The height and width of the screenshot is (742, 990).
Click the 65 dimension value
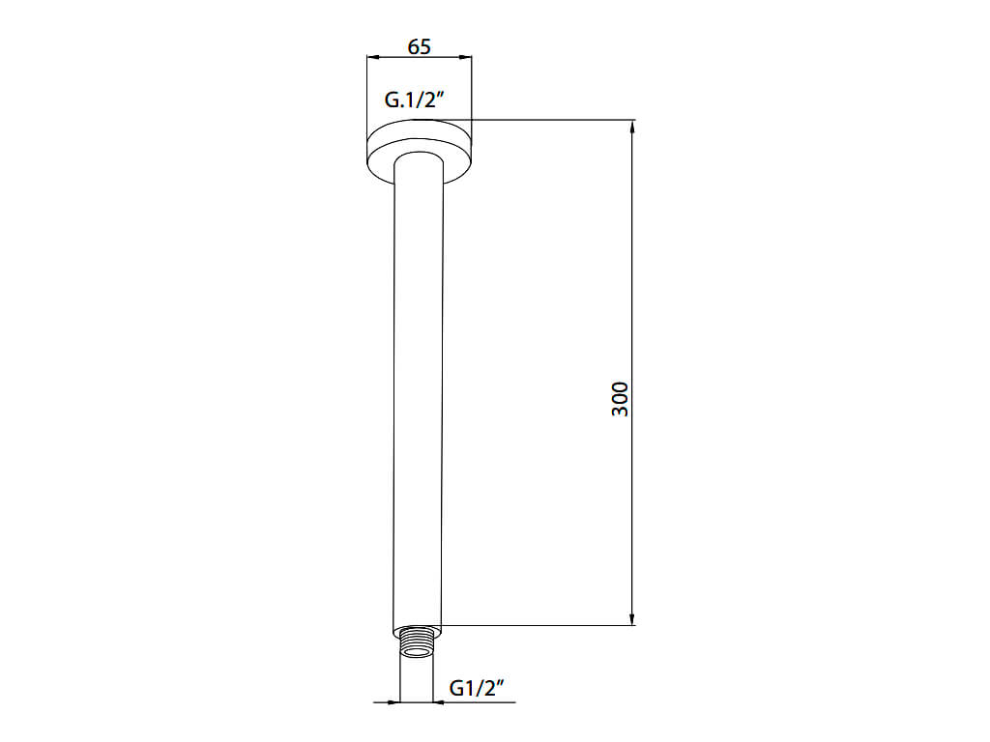(420, 46)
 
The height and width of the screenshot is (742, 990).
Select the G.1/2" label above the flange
(415, 100)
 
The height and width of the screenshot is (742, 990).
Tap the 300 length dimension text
(621, 399)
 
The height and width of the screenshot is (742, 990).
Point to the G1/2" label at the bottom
(478, 688)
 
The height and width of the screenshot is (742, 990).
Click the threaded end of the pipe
(417, 642)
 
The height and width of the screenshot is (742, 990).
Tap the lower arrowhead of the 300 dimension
(632, 618)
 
